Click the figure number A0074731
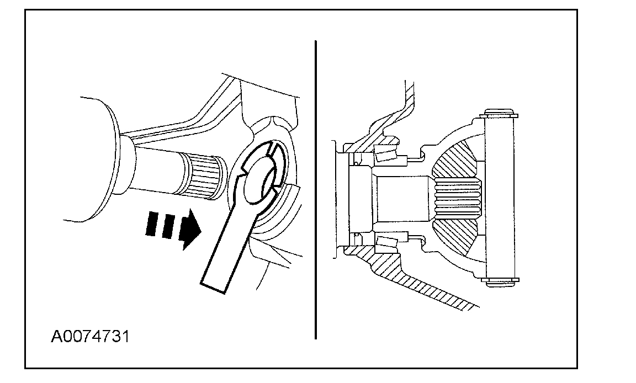click(91, 336)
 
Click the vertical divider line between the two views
click(315, 188)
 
